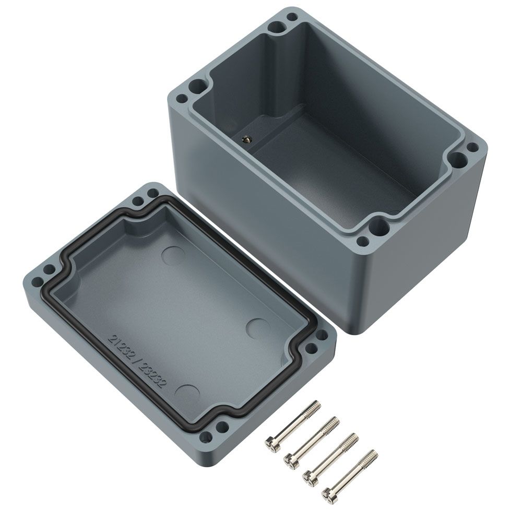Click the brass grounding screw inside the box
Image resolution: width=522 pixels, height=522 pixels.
247,139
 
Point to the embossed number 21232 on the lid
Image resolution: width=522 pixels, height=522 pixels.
122,348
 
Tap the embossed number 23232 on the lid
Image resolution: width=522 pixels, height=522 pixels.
151,376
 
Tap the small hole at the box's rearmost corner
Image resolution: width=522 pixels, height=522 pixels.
292,16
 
